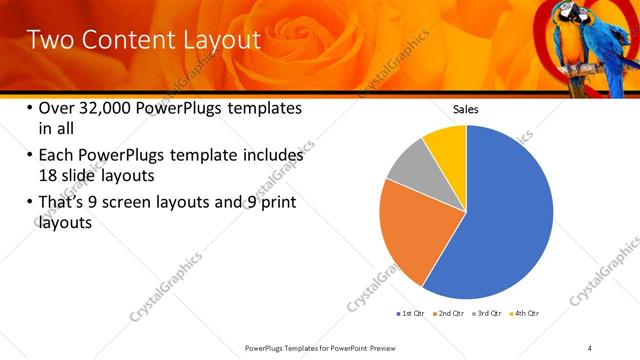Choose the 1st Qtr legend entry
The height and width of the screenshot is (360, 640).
coord(413,313)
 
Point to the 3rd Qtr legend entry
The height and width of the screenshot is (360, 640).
coord(489,313)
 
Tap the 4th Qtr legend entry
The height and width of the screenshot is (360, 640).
coord(526,313)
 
